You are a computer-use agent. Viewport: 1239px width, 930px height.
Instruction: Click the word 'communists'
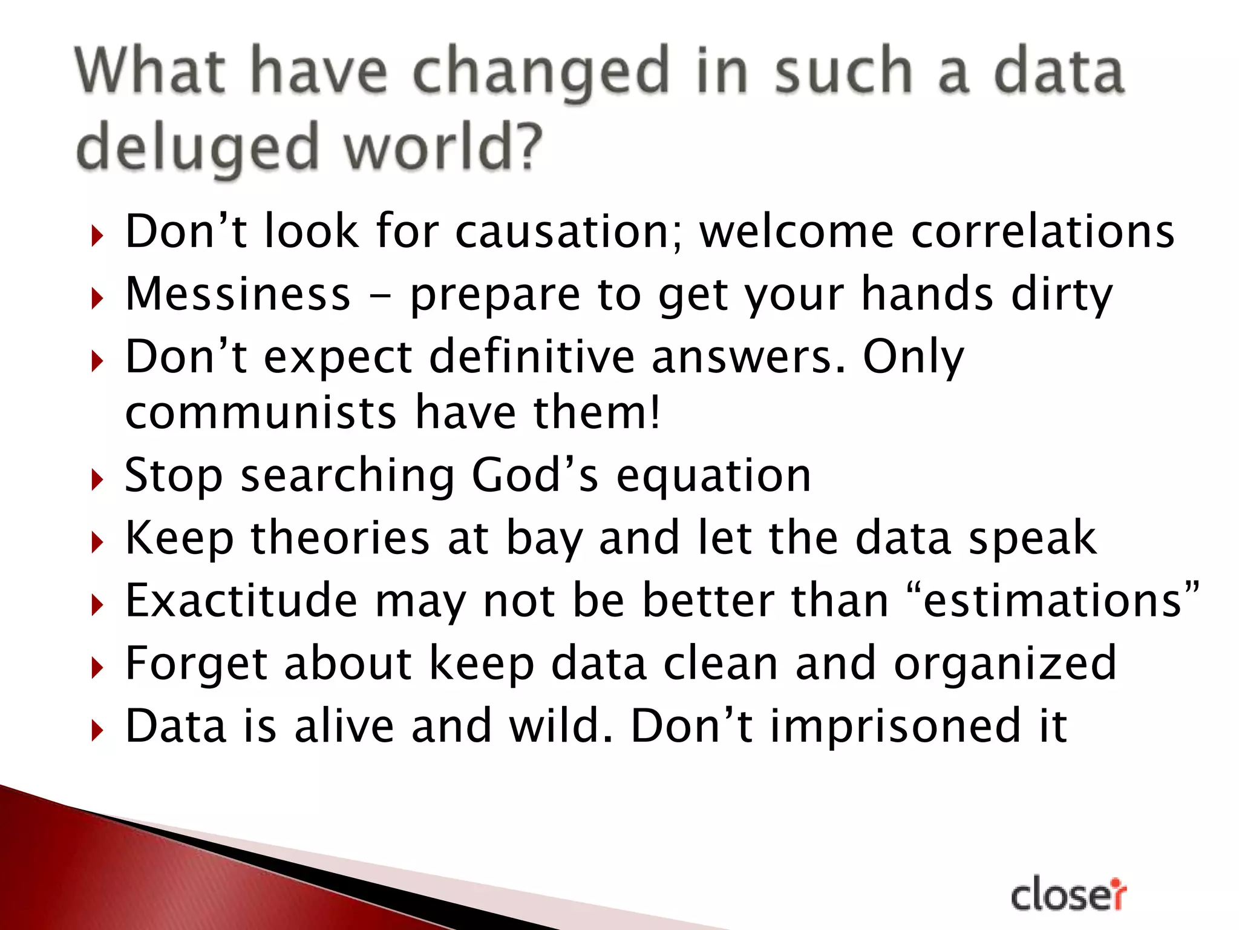261,412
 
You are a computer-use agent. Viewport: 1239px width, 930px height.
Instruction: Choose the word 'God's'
535,475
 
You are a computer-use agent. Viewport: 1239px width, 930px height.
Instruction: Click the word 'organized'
1004,664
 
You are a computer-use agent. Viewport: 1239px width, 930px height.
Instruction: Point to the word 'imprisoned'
895,726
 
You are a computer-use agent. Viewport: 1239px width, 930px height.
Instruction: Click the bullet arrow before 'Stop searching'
97,480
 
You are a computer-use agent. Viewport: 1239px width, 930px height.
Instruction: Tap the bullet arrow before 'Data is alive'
97,731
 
